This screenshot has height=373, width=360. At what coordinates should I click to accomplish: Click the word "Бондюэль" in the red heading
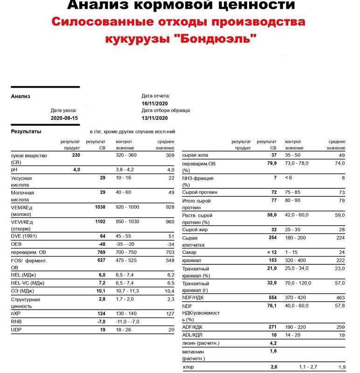tap(221, 39)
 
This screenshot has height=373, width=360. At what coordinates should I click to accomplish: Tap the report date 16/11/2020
tap(154, 103)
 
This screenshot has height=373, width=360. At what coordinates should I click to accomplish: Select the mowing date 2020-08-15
tap(64, 118)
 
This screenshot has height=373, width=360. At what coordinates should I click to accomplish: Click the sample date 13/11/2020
tap(154, 118)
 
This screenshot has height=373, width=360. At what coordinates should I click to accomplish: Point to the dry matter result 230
tap(76, 155)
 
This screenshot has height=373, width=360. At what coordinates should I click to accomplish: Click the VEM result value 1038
tap(99, 207)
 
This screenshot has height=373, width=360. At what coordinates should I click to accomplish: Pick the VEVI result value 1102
tap(99, 222)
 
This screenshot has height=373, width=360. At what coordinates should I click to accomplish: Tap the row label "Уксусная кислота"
tap(21, 181)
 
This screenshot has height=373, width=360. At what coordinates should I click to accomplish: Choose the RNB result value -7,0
tap(100, 322)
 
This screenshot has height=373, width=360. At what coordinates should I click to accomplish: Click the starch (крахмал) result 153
tap(272, 260)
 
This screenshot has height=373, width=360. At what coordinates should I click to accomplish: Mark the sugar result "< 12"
tap(270, 252)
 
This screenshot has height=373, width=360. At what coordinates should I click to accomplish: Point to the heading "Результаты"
tap(26, 131)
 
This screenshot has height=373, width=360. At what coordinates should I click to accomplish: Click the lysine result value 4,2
tap(273, 344)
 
